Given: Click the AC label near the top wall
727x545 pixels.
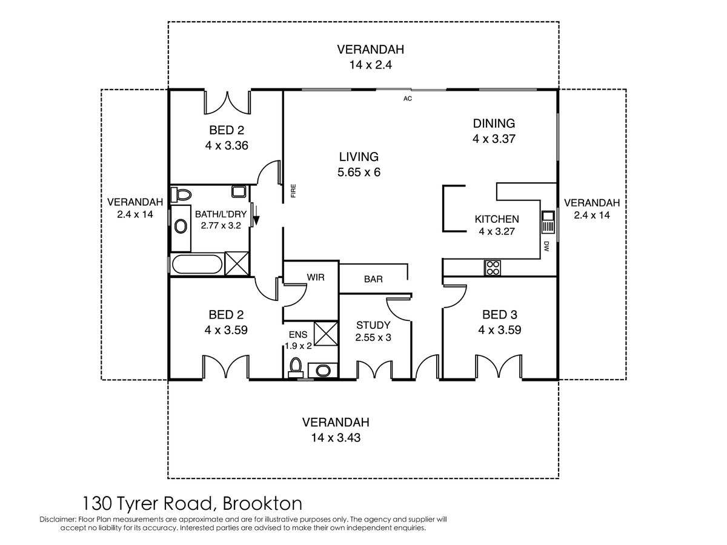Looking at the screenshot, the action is (x=407, y=98).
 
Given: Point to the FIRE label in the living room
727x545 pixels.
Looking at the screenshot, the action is (x=293, y=191).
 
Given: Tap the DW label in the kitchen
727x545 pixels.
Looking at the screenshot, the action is (x=546, y=246).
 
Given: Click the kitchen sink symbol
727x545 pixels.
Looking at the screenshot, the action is (x=548, y=222).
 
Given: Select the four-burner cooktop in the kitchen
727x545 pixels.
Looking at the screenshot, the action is (x=493, y=268).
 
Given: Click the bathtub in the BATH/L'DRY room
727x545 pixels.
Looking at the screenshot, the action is (x=197, y=264).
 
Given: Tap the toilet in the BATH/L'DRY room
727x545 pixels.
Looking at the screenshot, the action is (x=181, y=194).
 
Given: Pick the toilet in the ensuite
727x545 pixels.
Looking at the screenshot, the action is (x=296, y=368).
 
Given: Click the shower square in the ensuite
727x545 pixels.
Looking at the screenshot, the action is (x=325, y=334).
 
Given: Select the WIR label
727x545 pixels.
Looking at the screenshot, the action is (x=315, y=277).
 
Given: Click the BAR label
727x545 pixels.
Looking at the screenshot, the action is (x=373, y=279).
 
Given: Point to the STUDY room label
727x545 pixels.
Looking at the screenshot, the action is (x=373, y=325).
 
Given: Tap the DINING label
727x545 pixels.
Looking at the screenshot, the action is (x=494, y=124).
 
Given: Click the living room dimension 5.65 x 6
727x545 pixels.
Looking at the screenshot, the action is (x=359, y=172).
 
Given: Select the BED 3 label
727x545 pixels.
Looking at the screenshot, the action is (x=499, y=314).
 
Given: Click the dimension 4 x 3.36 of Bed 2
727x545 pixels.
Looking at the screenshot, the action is (x=227, y=145).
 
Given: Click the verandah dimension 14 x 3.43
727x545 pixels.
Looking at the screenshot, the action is (x=336, y=438).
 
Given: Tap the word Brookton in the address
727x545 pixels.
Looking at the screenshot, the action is (x=262, y=504).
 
